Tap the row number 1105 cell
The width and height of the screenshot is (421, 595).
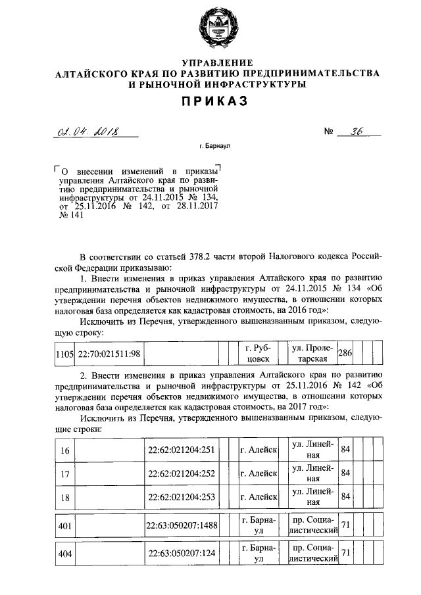coord(64,354)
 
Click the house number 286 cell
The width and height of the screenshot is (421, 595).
coord(345,354)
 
